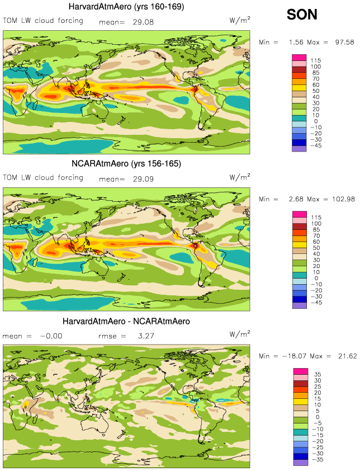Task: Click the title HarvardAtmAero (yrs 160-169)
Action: pos(126,7)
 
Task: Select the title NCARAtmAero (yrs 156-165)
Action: pos(126,164)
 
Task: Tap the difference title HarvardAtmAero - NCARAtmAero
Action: pos(126,322)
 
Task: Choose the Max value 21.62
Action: pos(343,356)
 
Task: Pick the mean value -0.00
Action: pos(50,336)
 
